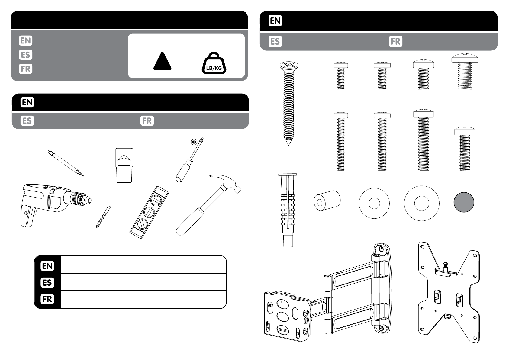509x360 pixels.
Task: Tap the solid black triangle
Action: point(162,61)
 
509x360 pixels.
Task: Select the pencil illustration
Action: point(66,163)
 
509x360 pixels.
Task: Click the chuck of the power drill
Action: point(81,199)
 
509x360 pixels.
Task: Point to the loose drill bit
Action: point(103,217)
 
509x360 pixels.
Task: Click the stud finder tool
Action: point(124,165)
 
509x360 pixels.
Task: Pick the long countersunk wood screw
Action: point(289,103)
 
